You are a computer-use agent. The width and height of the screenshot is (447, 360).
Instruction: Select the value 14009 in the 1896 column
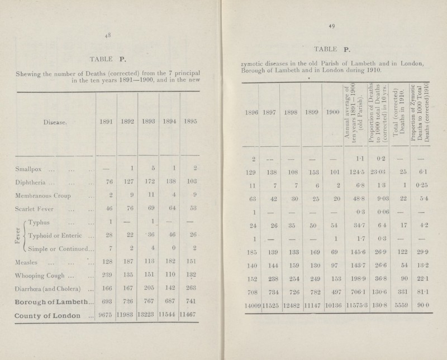click(250, 323)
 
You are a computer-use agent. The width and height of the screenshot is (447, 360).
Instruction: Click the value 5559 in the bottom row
click(405, 323)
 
